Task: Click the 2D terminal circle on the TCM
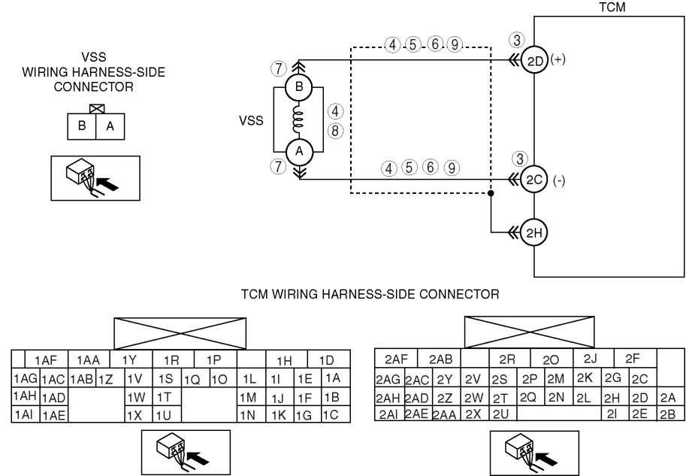pos(534,60)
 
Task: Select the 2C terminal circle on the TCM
pos(534,180)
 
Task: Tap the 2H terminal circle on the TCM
pos(534,232)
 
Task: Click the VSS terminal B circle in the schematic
pos(299,86)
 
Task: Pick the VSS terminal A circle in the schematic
pos(299,151)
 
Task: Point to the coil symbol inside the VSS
pos(298,119)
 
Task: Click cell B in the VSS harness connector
pos(81,126)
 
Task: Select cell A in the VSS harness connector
pos(110,126)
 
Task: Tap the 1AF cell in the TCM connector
pos(47,359)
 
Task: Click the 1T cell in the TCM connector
pos(167,397)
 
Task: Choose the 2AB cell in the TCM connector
pos(440,359)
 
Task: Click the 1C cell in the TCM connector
pos(336,414)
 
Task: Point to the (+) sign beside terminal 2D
pos(558,59)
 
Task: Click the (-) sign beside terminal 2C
pos(559,180)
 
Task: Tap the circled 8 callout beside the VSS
pos(335,131)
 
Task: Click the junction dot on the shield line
pos(491,193)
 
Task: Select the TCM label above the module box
pos(612,7)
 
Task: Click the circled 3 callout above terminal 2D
pos(517,40)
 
